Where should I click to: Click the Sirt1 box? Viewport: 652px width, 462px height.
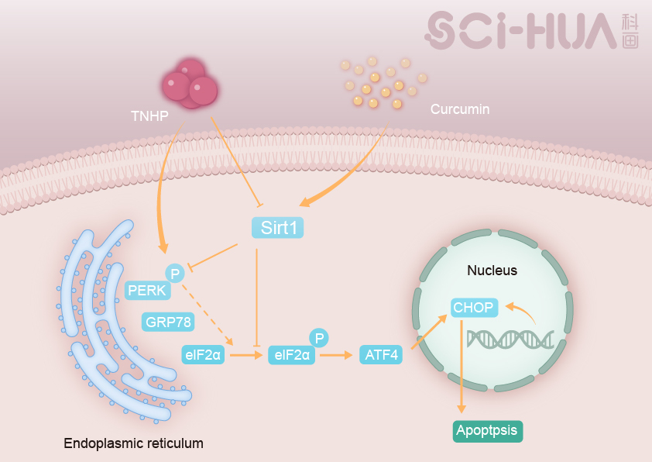pyautogui.click(x=276, y=228)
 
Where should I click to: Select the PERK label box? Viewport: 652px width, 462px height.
pyautogui.click(x=147, y=291)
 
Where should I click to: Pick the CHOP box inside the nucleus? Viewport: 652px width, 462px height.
pyautogui.click(x=474, y=307)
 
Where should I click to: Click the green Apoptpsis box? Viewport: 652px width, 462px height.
pyautogui.click(x=487, y=430)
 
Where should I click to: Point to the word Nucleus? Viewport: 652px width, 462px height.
pyautogui.click(x=492, y=271)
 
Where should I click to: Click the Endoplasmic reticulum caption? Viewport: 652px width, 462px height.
pyautogui.click(x=134, y=443)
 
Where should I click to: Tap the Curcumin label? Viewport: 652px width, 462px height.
pyautogui.click(x=460, y=109)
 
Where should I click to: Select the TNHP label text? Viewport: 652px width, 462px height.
pyautogui.click(x=149, y=116)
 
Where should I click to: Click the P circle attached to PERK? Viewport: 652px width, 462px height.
pyautogui.click(x=175, y=273)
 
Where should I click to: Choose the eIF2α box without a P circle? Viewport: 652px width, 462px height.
pyautogui.click(x=203, y=355)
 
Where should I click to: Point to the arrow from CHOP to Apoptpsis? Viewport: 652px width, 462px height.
pyautogui.click(x=462, y=364)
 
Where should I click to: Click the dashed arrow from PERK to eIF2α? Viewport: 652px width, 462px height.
pyautogui.click(x=207, y=313)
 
